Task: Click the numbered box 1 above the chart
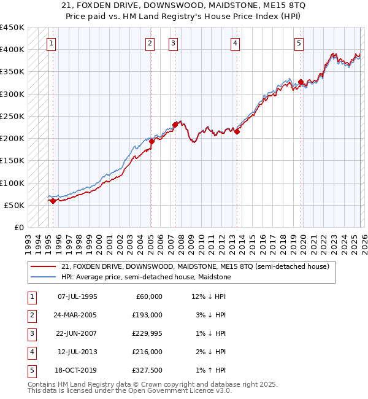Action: click(x=51, y=44)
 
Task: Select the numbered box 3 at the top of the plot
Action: click(x=174, y=44)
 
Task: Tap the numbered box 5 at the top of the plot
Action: click(x=299, y=44)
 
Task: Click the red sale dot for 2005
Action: click(x=151, y=141)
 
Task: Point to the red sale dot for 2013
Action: click(x=237, y=131)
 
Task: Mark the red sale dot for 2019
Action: click(x=301, y=81)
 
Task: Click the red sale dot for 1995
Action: click(x=53, y=201)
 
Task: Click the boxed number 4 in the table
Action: click(x=30, y=352)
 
